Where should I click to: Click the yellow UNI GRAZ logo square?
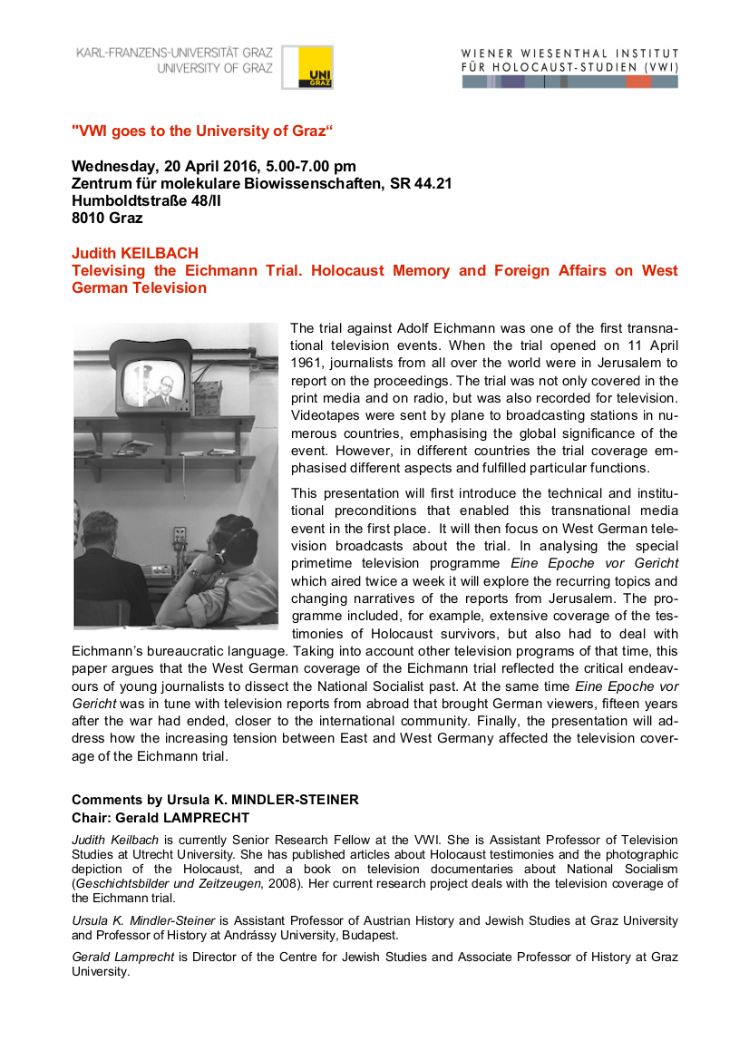click(307, 67)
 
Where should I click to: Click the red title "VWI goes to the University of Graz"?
click(202, 131)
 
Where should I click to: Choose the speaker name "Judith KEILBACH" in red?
click(134, 253)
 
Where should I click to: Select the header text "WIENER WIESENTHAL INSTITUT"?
click(569, 53)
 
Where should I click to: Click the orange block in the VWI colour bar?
click(637, 82)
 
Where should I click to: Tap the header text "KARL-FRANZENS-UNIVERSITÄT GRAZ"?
click(174, 53)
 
